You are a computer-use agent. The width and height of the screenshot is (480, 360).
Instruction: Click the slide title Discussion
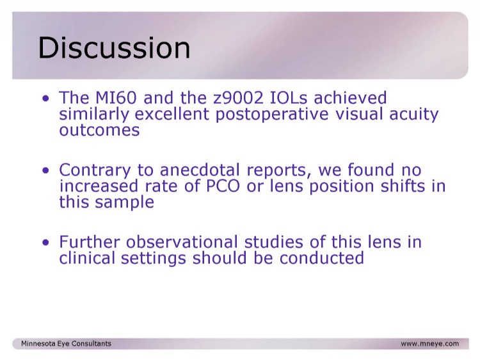pyautogui.click(x=114, y=47)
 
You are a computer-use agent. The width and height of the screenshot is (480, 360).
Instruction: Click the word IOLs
pyautogui.click(x=289, y=98)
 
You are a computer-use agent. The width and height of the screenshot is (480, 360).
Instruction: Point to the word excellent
pyautogui.click(x=172, y=114)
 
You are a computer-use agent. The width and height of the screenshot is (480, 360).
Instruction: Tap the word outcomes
pyautogui.click(x=99, y=130)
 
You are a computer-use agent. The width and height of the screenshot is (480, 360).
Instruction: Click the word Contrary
pyautogui.click(x=95, y=170)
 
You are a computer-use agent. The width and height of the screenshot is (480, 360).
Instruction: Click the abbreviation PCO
pyautogui.click(x=223, y=186)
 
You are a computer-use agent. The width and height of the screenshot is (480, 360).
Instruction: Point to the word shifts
pyautogui.click(x=403, y=186)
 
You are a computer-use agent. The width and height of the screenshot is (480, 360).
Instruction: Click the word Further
pyautogui.click(x=89, y=242)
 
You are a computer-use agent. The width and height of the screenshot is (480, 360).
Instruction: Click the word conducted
pyautogui.click(x=321, y=258)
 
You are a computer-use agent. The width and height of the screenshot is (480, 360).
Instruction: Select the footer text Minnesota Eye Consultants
pyautogui.click(x=66, y=343)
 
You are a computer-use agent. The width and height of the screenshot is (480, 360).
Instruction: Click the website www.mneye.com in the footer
pyautogui.click(x=430, y=344)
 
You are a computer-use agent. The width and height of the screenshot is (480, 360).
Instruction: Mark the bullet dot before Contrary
pyautogui.click(x=45, y=170)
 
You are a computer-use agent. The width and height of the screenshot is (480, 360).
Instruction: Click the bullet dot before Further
pyautogui.click(x=45, y=243)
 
